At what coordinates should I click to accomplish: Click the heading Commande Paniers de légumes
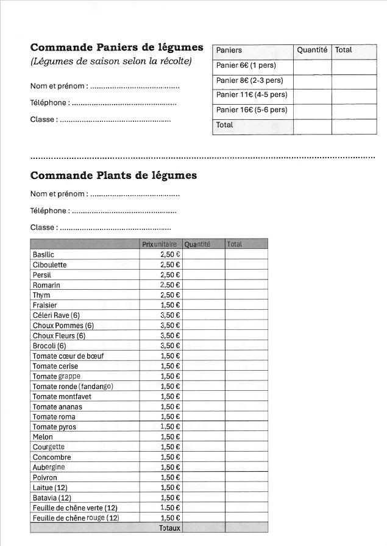(116, 47)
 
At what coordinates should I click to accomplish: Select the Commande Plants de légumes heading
(113, 176)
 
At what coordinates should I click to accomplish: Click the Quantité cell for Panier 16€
(312, 110)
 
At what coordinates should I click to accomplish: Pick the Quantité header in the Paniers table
(312, 51)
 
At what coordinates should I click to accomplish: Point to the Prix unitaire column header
(161, 244)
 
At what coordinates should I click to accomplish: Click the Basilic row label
(43, 254)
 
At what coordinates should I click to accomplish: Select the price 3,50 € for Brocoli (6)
(170, 346)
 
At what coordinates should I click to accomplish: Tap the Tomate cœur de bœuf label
(68, 356)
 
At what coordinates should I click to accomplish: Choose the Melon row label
(43, 437)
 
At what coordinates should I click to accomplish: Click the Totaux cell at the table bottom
(169, 528)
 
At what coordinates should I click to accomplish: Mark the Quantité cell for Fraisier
(203, 305)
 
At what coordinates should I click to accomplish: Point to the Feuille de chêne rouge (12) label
(76, 518)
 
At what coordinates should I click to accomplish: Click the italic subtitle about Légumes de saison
(111, 61)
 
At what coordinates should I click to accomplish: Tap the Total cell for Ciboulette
(246, 265)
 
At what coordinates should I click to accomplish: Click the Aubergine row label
(49, 467)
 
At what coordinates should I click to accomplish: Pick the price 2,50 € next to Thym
(170, 295)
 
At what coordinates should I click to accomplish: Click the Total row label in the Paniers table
(225, 125)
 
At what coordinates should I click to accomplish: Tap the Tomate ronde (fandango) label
(73, 387)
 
